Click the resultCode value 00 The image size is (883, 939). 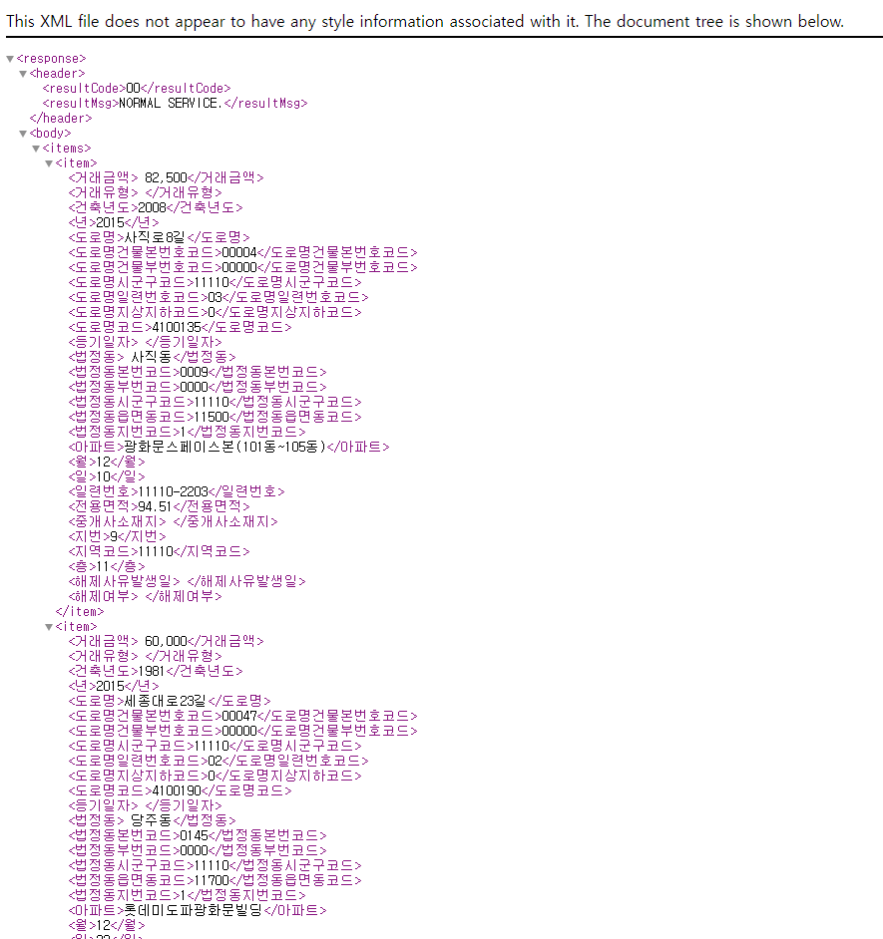(x=133, y=89)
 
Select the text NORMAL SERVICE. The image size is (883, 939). (x=171, y=104)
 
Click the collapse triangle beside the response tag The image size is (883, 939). (x=10, y=59)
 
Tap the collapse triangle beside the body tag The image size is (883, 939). (x=23, y=134)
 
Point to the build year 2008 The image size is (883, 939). (x=152, y=208)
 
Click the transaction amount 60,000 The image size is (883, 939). (x=166, y=641)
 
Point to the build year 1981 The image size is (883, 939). (x=152, y=671)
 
